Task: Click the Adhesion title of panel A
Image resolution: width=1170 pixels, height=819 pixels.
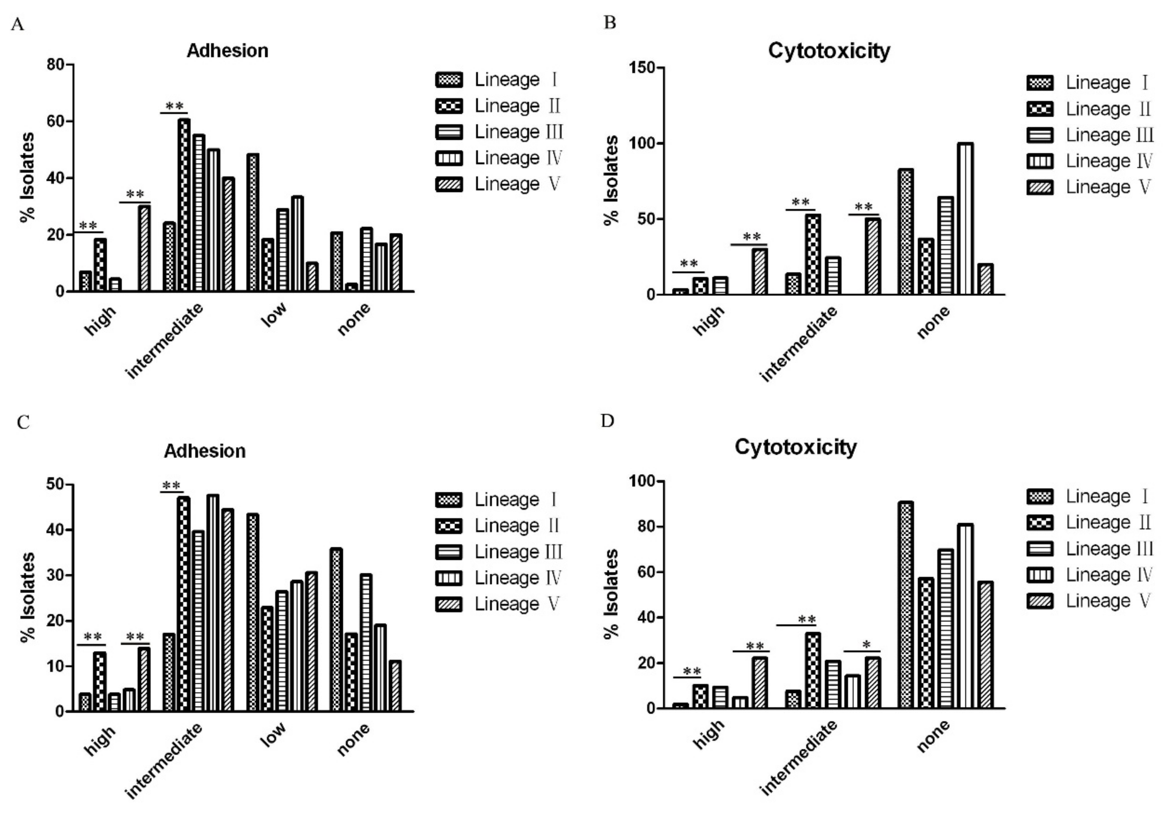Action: click(x=227, y=51)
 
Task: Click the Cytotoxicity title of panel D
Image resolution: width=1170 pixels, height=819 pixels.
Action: click(x=795, y=447)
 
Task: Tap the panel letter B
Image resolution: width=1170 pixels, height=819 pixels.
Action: click(x=609, y=23)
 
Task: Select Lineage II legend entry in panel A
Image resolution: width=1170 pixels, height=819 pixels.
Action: click(x=499, y=106)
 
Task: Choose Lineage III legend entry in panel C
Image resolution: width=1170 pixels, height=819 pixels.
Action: click(x=499, y=552)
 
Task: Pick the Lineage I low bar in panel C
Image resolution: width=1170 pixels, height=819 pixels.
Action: click(x=252, y=612)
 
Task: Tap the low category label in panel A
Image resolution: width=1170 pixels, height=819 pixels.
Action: click(x=274, y=315)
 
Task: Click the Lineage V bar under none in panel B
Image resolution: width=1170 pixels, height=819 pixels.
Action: click(x=986, y=279)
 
